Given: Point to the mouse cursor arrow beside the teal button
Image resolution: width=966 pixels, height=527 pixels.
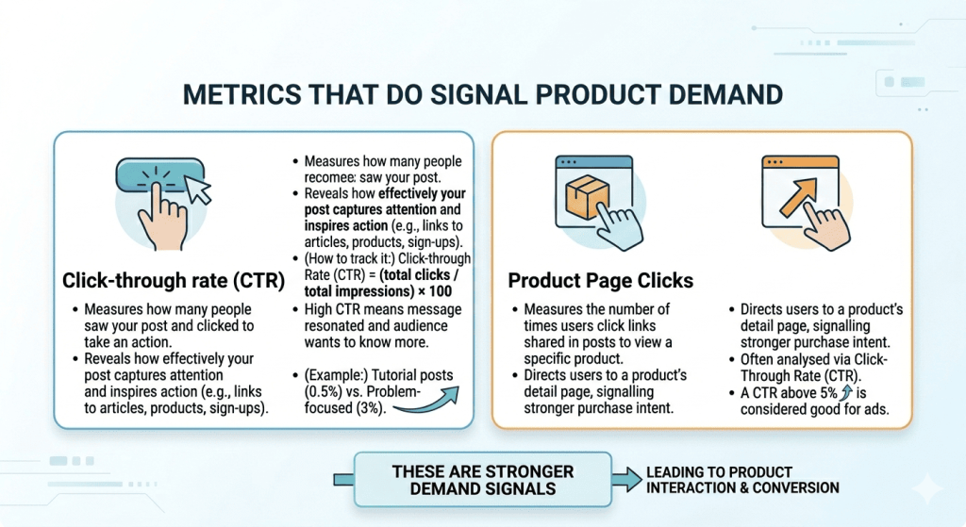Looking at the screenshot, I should pyautogui.click(x=199, y=190).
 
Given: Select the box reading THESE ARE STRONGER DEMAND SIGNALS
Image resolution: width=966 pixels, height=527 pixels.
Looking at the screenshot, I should pyautogui.click(x=483, y=480).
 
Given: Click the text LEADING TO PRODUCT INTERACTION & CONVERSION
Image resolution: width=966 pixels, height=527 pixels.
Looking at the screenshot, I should pyautogui.click(x=741, y=480).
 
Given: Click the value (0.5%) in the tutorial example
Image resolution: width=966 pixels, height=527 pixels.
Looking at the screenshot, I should pyautogui.click(x=321, y=393).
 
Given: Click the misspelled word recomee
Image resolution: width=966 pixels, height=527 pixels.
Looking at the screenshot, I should pyautogui.click(x=323, y=175).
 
